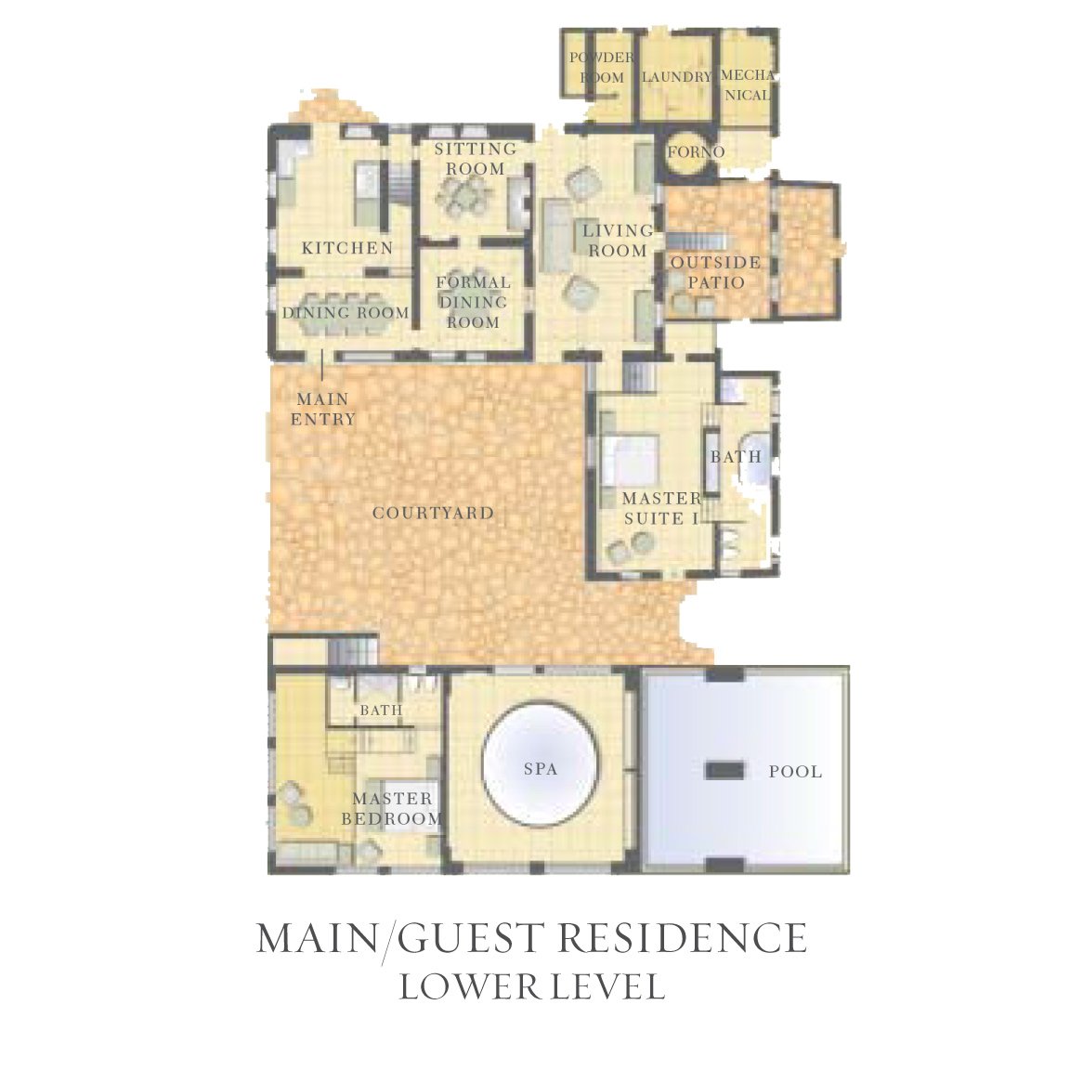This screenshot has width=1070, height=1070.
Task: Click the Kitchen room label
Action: tap(347, 248)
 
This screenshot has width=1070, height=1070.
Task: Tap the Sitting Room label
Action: tap(476, 158)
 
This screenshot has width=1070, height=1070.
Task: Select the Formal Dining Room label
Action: tap(474, 302)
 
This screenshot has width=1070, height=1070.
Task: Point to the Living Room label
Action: tap(619, 241)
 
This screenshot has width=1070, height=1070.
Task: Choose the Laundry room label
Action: tap(677, 76)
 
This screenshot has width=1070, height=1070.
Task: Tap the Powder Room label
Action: tap(602, 67)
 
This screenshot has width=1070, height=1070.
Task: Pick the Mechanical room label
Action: tap(748, 85)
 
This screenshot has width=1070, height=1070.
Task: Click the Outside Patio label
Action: tap(716, 272)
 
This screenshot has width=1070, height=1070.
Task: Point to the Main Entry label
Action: tap(323, 409)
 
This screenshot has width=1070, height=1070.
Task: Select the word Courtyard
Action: tap(433, 513)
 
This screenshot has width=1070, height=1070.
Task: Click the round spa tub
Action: tap(542, 765)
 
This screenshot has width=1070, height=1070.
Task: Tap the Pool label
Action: tap(796, 771)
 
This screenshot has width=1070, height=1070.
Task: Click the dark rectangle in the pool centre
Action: tap(724, 770)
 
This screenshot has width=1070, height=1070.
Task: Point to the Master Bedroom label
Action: tap(392, 808)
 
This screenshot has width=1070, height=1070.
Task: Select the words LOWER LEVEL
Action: tap(531, 986)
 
